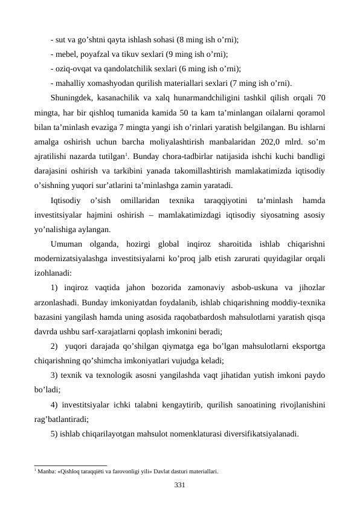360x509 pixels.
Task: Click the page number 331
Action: tap(179, 484)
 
